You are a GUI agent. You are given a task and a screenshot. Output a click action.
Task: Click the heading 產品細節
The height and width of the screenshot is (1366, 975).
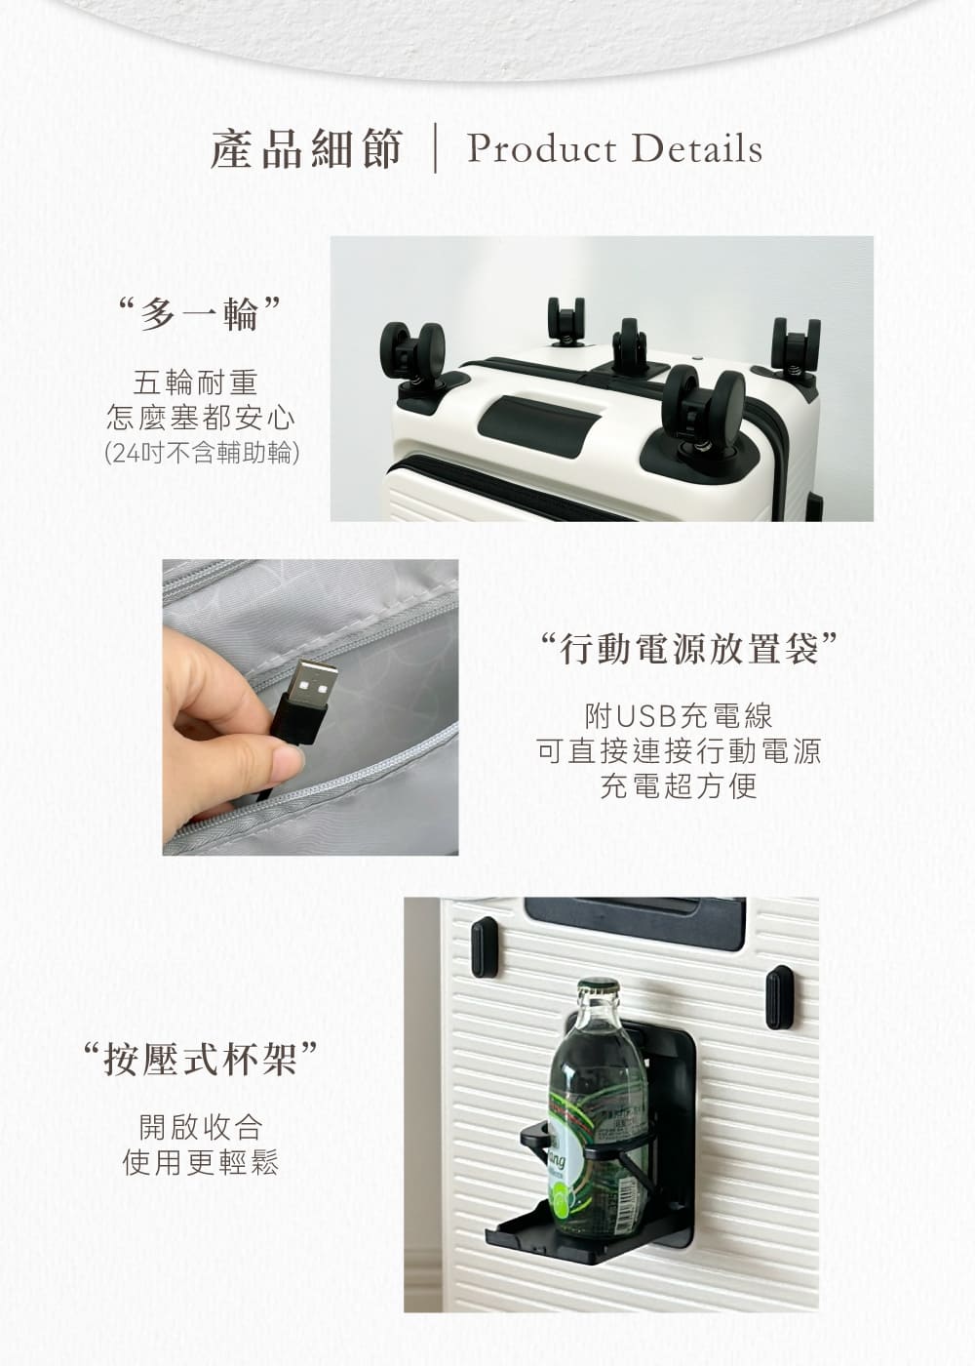(306, 149)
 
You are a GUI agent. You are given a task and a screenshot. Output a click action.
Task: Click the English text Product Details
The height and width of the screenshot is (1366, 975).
(614, 149)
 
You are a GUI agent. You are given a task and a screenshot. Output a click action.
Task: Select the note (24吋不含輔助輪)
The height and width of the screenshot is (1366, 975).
(201, 454)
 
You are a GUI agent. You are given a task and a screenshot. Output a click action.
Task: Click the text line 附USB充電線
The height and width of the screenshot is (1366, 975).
(679, 716)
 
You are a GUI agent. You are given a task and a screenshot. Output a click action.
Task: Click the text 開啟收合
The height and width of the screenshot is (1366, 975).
(201, 1127)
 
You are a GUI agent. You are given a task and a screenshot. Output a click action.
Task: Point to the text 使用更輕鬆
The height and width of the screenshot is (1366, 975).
(201, 1162)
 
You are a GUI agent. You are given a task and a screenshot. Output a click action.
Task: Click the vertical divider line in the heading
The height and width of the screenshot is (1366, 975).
(435, 149)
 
